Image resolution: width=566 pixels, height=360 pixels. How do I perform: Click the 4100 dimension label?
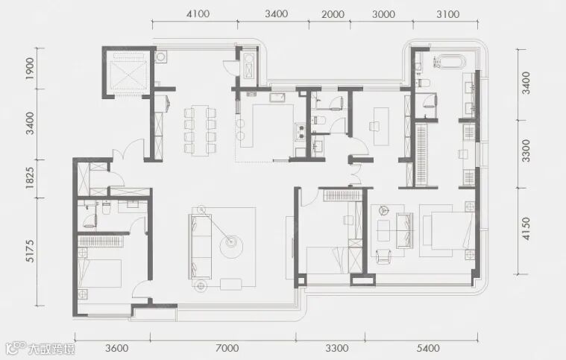tap(198, 14)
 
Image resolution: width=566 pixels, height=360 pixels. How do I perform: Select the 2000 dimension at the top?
tap(333, 14)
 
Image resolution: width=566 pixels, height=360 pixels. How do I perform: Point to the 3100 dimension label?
tap(448, 14)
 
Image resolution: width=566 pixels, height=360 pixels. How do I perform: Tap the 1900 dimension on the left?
tap(30, 69)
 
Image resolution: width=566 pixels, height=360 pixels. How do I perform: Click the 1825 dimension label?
tap(30, 178)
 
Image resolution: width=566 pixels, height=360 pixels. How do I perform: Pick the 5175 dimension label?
tap(30, 250)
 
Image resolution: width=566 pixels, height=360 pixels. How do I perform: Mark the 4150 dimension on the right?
tap(526, 229)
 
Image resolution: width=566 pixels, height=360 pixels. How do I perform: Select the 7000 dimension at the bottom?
tap(227, 348)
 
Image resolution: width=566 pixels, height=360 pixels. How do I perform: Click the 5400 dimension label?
tap(428, 348)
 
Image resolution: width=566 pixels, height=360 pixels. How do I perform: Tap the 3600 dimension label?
tap(116, 348)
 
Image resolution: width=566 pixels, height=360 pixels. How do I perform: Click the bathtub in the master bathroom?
tap(449, 62)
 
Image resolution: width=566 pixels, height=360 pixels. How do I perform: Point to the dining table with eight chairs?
tap(200, 130)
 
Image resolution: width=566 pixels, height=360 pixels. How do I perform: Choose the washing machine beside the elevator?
tap(160, 57)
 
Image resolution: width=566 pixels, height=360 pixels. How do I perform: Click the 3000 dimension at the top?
tap(383, 14)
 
